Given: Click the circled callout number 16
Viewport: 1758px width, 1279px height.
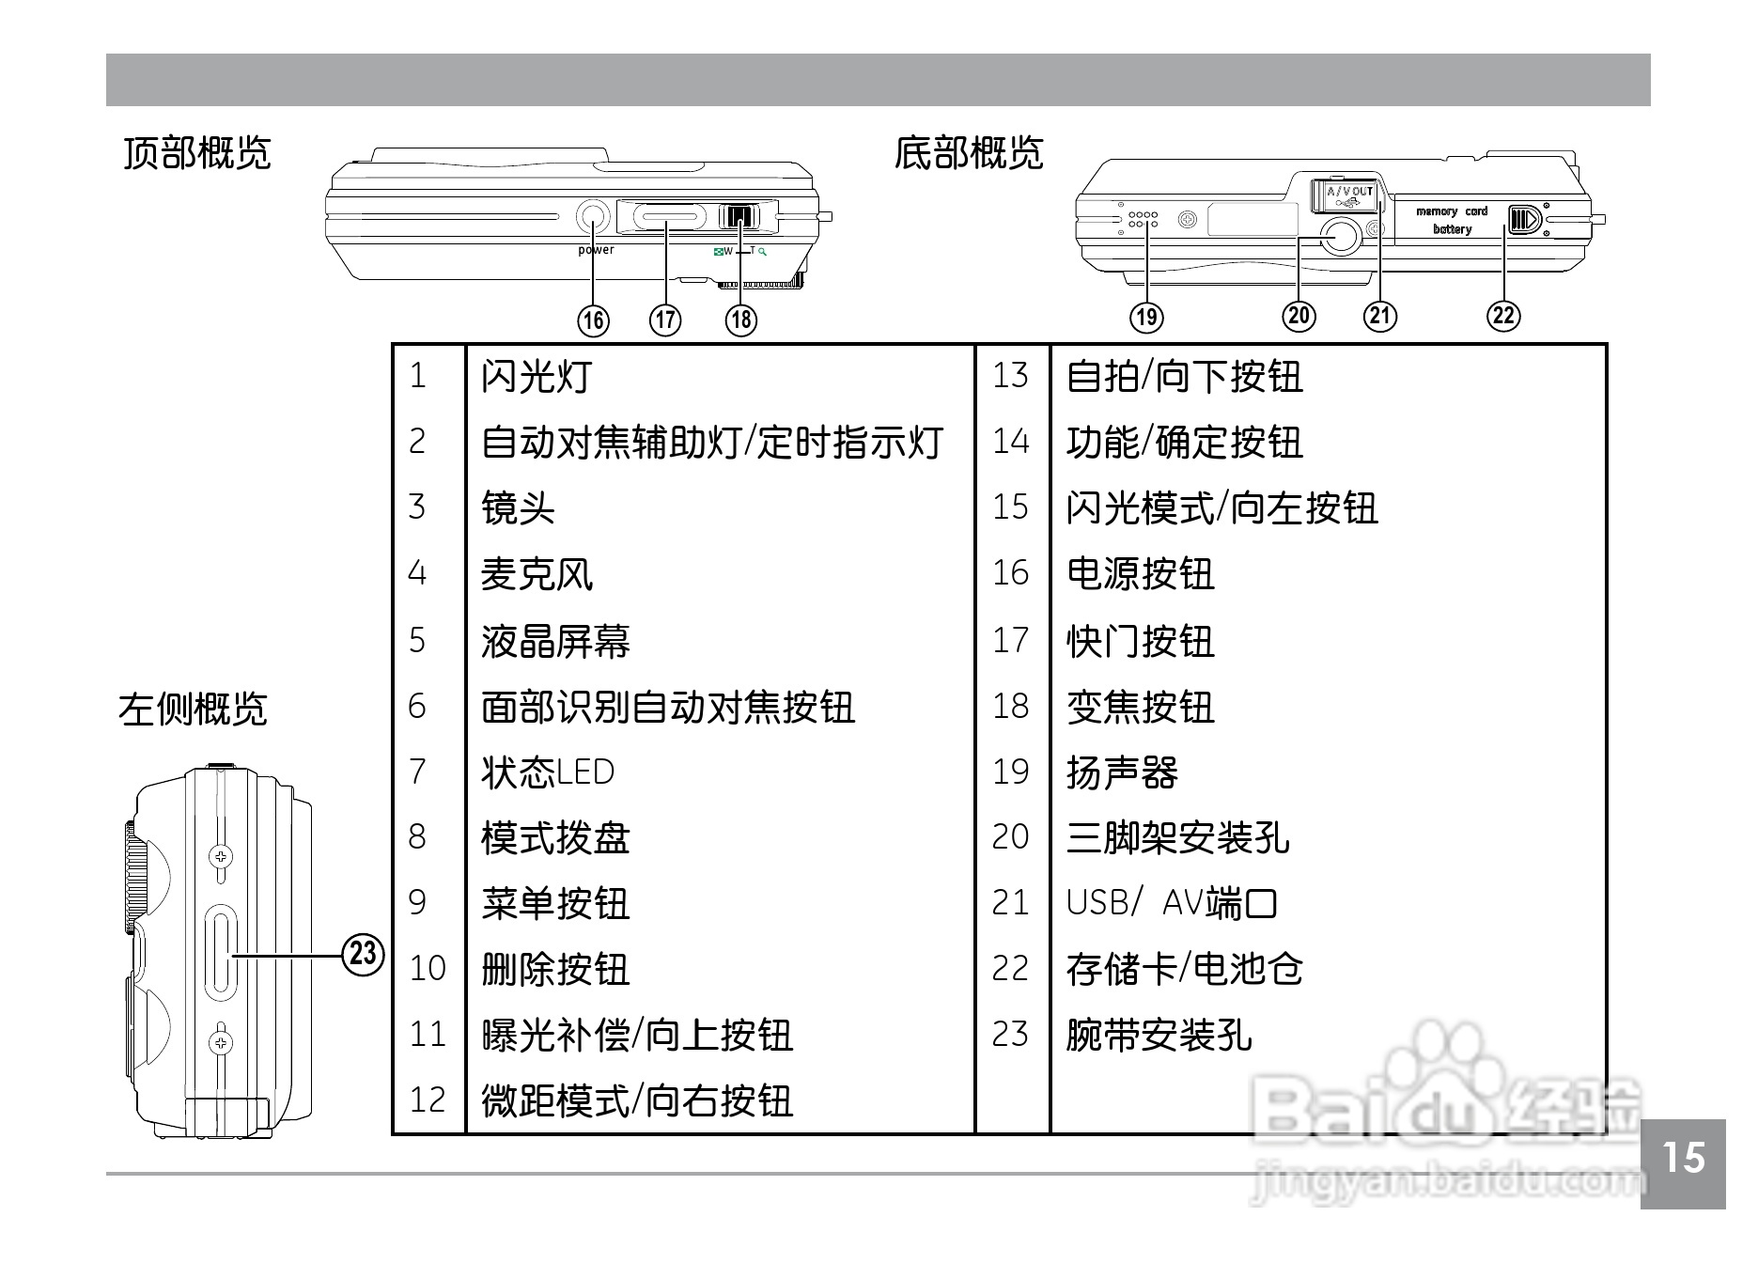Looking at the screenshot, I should point(593,320).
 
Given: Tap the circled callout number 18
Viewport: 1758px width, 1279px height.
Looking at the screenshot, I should point(741,320).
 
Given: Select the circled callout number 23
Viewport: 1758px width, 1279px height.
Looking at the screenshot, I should point(363,954).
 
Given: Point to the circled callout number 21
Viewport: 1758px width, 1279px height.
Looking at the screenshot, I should point(1380,315).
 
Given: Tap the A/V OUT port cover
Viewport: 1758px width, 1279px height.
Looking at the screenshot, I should point(1346,195).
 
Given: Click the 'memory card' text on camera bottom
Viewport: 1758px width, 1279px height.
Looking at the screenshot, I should point(1452,211).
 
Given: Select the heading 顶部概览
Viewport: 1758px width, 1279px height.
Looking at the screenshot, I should point(196,152).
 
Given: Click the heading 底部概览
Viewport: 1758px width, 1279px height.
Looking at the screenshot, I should point(968,152).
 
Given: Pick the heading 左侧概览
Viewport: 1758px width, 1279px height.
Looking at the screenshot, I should point(193,709).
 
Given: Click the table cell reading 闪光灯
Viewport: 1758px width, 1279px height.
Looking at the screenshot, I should point(537,376).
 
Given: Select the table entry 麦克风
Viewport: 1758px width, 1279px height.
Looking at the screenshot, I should point(537,573).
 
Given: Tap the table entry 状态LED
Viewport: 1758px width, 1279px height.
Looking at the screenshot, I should point(547,772).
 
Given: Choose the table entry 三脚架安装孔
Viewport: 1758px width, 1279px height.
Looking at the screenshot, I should point(1177,837).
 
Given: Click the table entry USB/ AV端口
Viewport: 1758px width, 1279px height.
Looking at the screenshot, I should point(1171,903).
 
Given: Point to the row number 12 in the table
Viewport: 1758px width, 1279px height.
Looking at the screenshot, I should point(428,1100).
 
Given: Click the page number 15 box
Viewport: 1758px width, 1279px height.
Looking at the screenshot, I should point(1683,1162).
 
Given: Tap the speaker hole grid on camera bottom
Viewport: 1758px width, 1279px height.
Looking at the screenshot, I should point(1142,219).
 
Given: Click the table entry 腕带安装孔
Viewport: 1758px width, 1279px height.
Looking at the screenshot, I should point(1159,1035).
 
